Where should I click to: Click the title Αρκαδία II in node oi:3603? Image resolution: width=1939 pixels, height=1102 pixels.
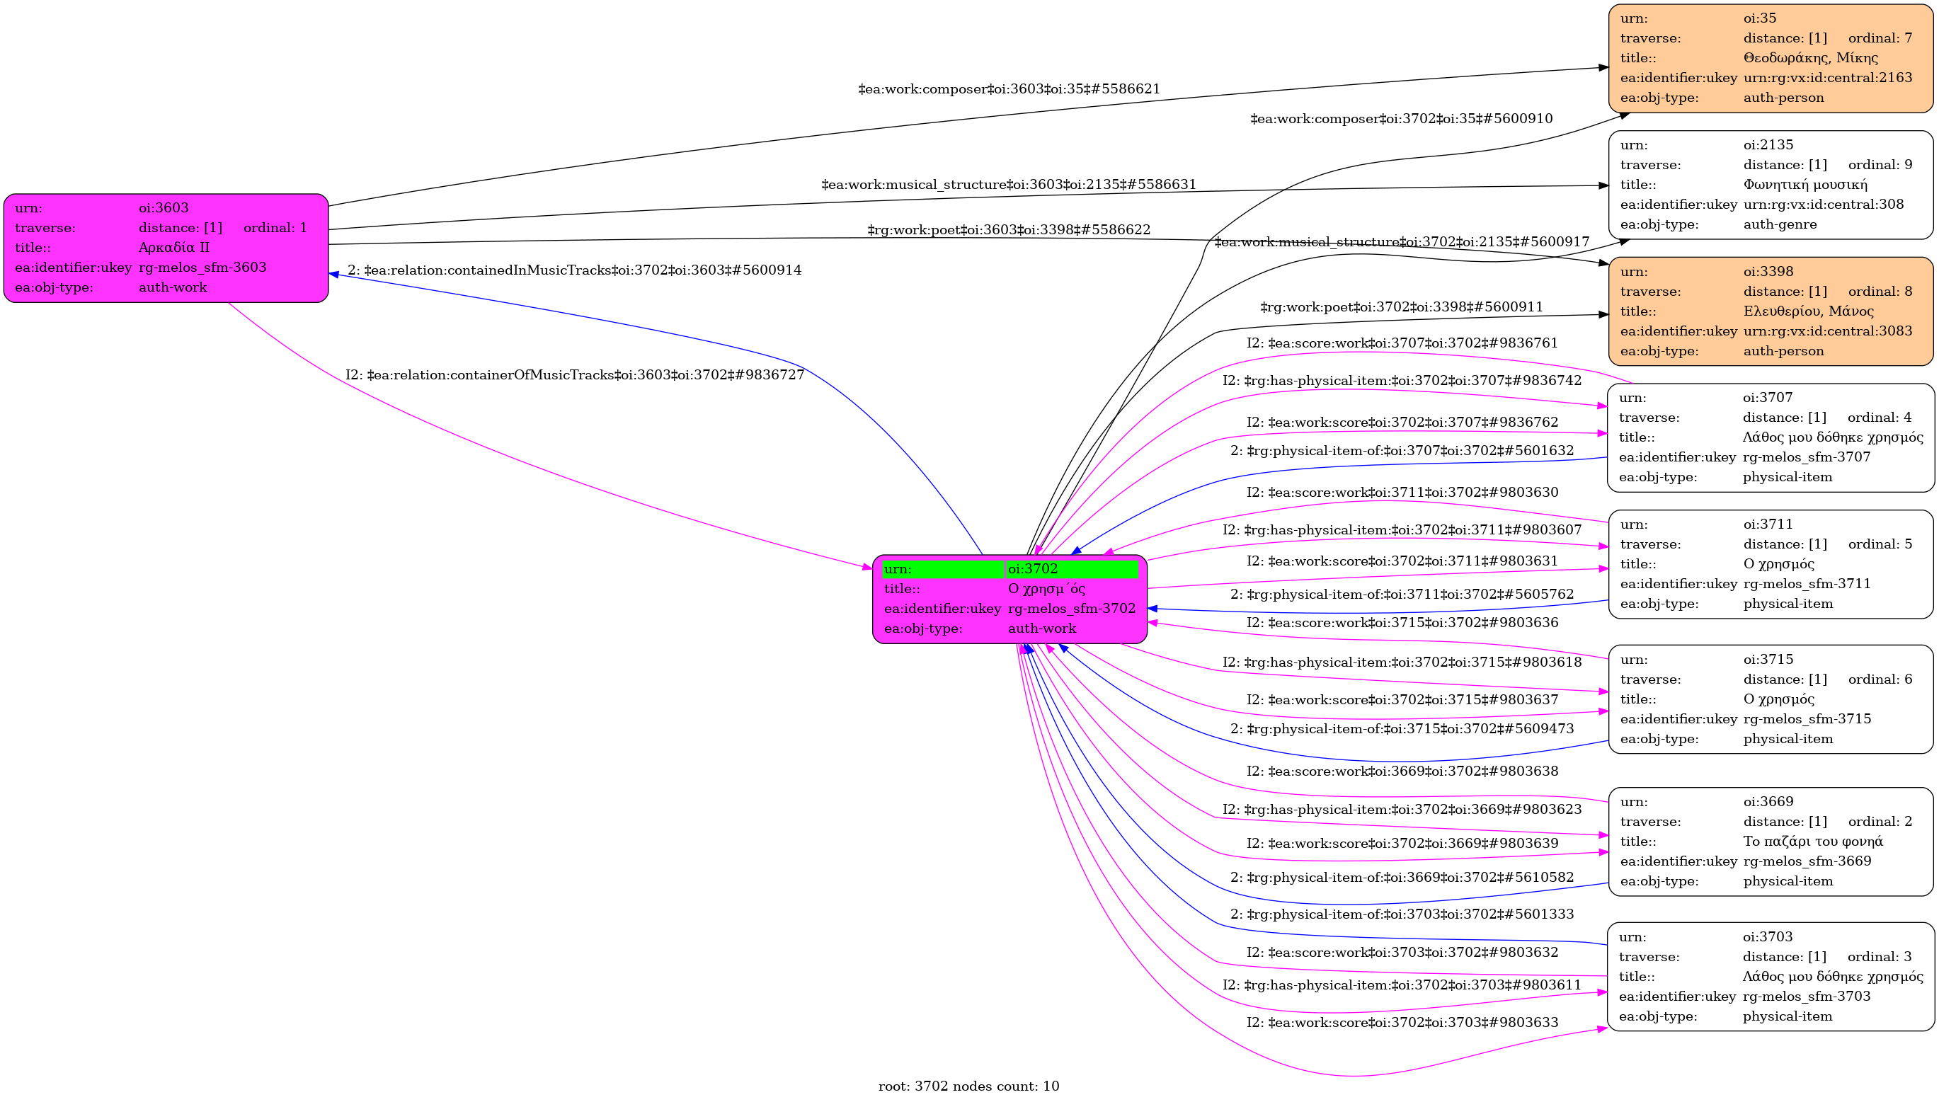point(174,248)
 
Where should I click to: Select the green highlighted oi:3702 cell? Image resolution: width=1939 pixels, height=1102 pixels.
point(1071,568)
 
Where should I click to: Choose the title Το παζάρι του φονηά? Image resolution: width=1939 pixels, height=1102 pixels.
point(1812,841)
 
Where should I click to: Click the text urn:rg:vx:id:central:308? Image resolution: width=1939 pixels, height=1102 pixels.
point(1823,205)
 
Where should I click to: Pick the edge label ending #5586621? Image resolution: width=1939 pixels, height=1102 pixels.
point(1009,89)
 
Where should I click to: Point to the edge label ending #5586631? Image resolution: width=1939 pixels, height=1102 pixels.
point(1009,185)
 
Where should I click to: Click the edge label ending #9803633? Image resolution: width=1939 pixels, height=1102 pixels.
point(1402,1023)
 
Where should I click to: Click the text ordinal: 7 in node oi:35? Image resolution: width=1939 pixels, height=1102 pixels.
point(1880,38)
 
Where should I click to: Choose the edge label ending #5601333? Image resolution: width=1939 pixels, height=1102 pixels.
point(1402,914)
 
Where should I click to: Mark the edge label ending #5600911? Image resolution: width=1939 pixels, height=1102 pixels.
point(1401,307)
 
